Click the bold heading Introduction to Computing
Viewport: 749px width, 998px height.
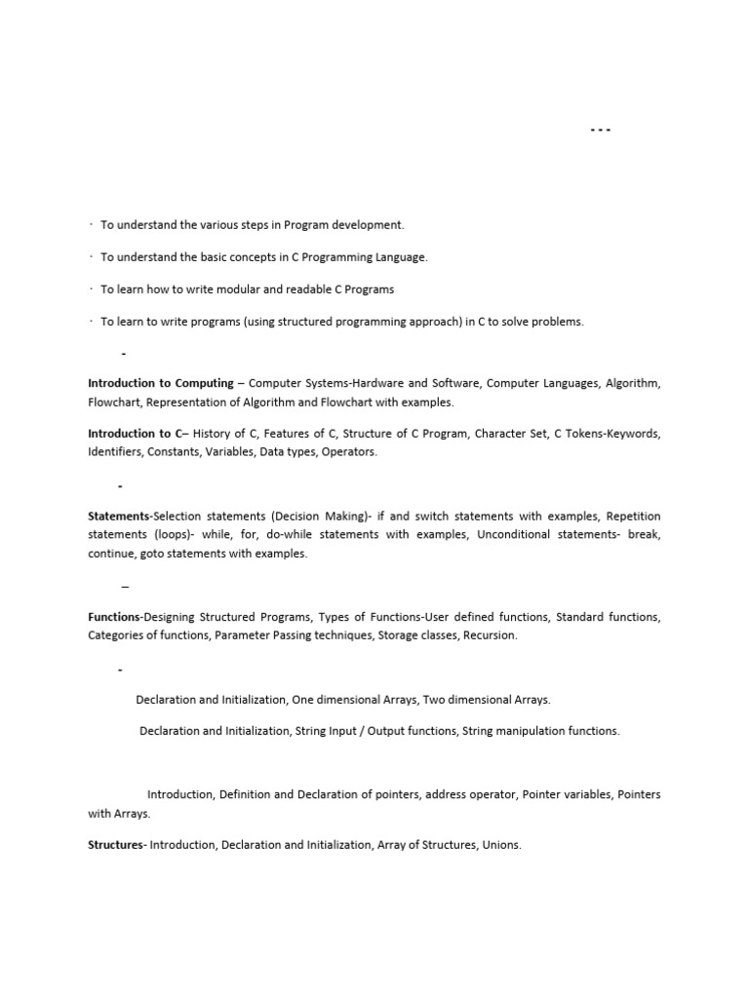tap(161, 383)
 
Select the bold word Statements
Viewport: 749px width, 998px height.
tap(119, 516)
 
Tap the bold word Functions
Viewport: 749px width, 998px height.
tap(114, 617)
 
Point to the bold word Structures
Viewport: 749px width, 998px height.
tap(115, 845)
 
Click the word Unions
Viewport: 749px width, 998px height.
tap(502, 845)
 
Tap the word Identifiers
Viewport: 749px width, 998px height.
tap(117, 452)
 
